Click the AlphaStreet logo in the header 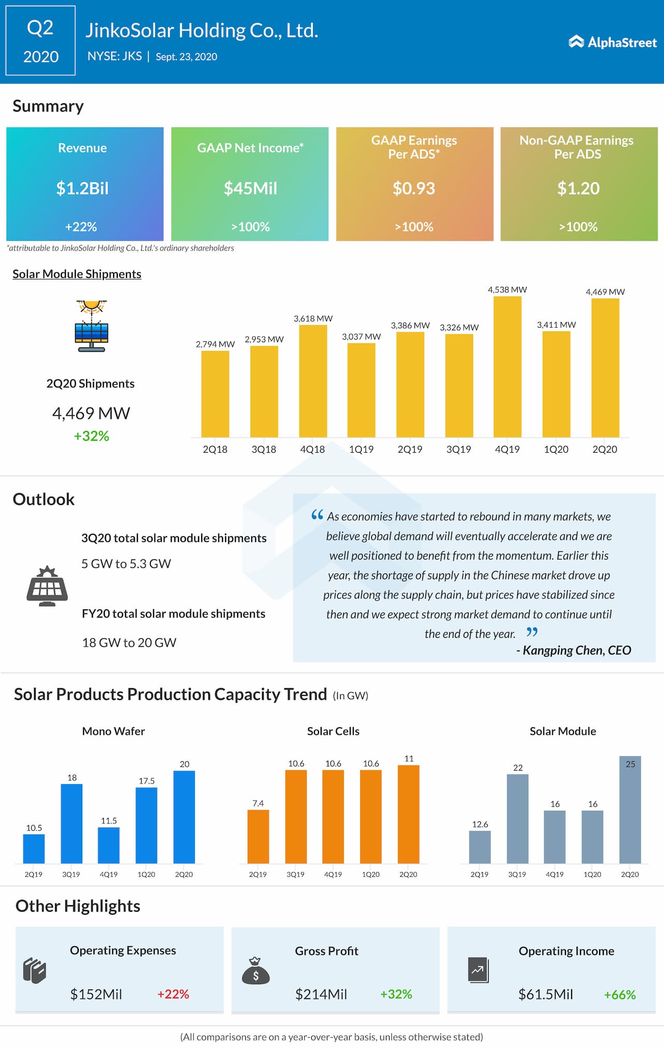point(613,42)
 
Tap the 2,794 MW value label point(215,344)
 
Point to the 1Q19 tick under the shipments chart point(361,450)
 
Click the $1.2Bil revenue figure point(82,188)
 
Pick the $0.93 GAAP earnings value point(413,188)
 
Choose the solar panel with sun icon point(91,326)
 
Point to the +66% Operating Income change point(619,995)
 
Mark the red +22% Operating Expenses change point(173,994)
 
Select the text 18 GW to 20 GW point(129,642)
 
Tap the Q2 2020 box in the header point(40,41)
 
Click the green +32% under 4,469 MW point(91,436)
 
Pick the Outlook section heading point(44,499)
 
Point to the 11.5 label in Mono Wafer point(109,821)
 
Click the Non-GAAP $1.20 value point(578,188)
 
